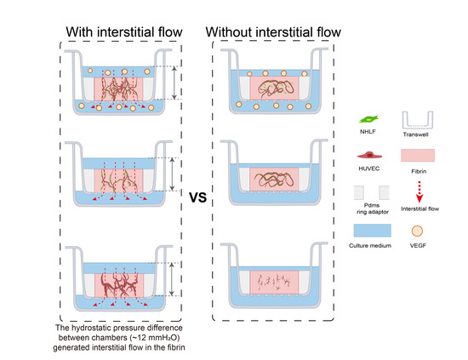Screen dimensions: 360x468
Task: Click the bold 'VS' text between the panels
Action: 198,197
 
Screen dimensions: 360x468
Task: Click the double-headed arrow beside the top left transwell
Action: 174,85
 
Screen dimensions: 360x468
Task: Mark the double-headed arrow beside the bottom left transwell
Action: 174,277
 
